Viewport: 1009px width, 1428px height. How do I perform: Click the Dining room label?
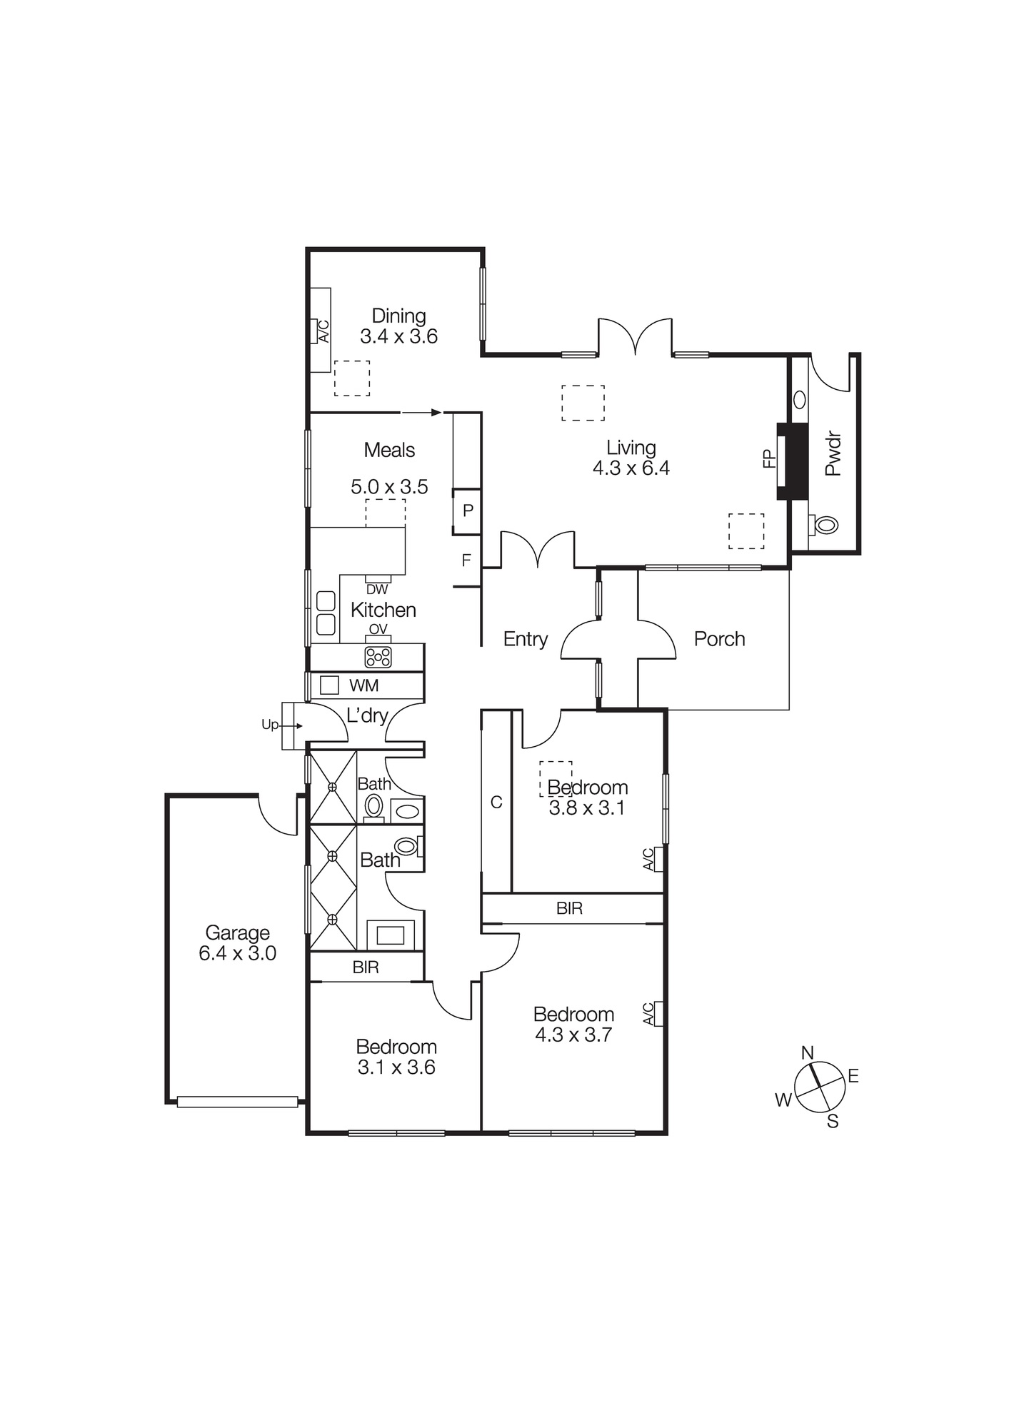point(398,316)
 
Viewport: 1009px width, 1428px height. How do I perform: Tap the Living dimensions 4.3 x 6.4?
point(631,468)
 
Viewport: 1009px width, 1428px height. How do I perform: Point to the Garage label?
point(237,932)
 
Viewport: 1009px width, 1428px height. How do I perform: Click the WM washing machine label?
point(363,685)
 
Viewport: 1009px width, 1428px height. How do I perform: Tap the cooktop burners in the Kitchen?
point(378,657)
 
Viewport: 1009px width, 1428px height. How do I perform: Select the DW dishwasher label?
point(376,590)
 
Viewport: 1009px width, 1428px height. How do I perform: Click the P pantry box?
point(468,511)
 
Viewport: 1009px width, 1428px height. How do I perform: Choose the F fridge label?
point(466,560)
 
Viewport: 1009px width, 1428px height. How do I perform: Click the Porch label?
point(719,639)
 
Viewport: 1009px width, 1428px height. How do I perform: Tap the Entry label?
point(525,639)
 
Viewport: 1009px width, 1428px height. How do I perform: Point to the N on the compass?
point(808,1052)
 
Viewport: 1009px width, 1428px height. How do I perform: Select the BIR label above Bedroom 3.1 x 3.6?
point(366,967)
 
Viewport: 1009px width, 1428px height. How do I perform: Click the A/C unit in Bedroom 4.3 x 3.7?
point(658,1014)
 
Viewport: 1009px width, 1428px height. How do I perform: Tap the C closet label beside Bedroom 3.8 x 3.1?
point(496,803)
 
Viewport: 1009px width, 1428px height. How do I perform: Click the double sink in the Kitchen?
point(326,613)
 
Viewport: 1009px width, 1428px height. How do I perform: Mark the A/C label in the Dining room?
point(323,331)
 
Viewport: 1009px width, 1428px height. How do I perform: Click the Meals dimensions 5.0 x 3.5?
point(389,487)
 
